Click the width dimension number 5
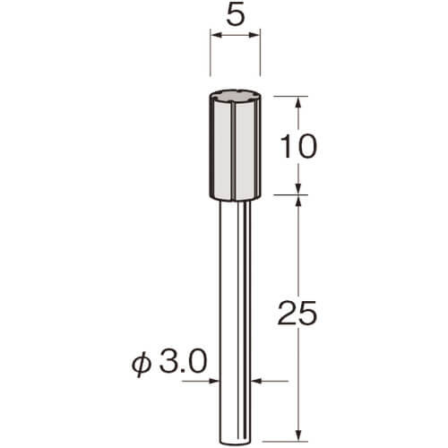coord(236,13)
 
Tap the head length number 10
coord(298,146)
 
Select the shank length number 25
coord(297,313)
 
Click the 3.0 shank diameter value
coord(183,362)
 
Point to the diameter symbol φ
coord(141,363)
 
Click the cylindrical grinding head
coord(236,145)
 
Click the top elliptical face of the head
coord(236,97)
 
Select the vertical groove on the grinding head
coord(234,151)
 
